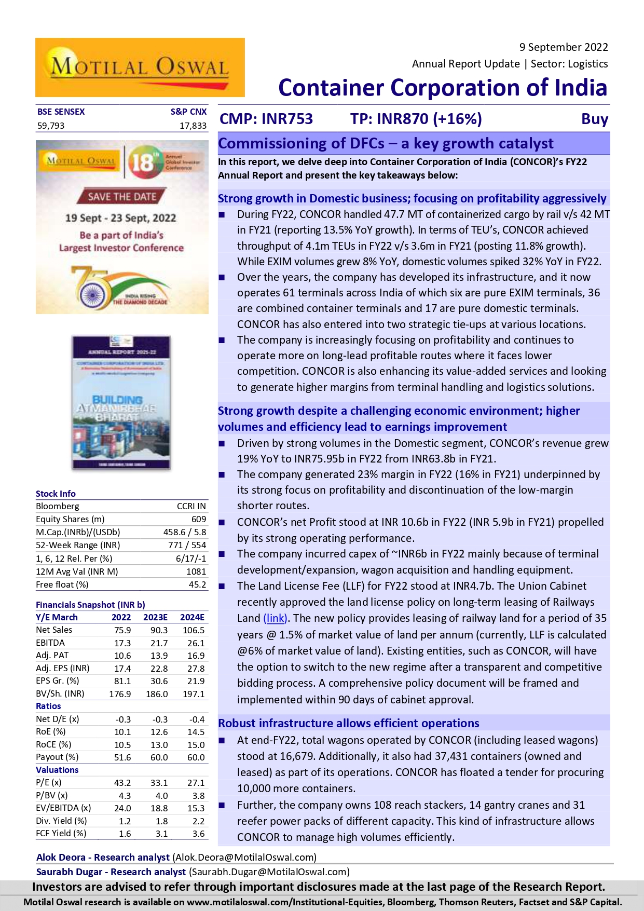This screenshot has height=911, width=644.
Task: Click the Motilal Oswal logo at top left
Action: coord(140,67)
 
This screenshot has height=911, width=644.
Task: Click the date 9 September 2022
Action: coord(563,47)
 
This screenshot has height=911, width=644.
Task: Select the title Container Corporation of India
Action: coord(442,88)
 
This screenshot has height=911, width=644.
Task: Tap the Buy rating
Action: coord(594,119)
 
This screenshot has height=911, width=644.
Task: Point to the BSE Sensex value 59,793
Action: coord(51,126)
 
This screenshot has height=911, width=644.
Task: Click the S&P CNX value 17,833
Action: coord(193,126)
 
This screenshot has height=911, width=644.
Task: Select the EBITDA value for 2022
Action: coord(122,643)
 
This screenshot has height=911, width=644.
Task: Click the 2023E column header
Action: coord(155,617)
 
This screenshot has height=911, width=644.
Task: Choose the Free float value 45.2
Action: coord(197,584)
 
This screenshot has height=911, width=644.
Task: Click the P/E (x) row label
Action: coord(48,783)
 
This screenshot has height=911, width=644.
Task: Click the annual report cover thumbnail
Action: coord(121,403)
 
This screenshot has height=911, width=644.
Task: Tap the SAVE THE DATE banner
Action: coord(121,196)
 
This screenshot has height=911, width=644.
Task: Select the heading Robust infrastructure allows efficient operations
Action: coord(348,723)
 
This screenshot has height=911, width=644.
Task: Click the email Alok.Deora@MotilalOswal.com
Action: coord(244,857)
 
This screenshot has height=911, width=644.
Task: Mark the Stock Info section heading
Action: coord(56,494)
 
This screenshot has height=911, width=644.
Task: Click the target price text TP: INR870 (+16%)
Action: coord(416,119)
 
